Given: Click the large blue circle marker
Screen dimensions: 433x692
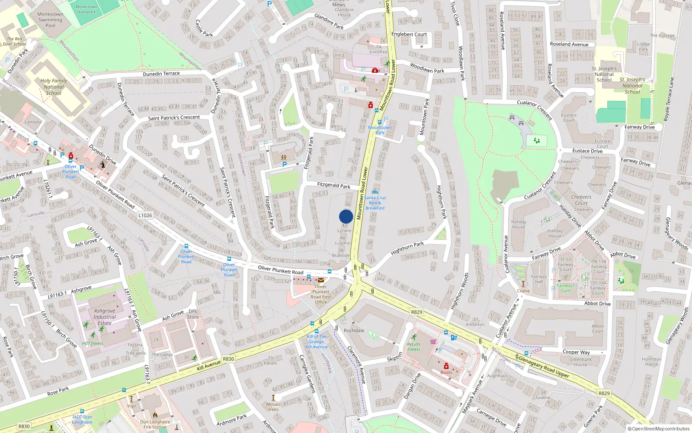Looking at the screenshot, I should pos(346,216).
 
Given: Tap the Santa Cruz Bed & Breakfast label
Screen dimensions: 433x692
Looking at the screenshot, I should pos(375,203).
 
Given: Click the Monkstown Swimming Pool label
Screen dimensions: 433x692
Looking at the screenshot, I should pos(50,20).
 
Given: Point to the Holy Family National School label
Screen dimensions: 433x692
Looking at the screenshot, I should pos(54,87).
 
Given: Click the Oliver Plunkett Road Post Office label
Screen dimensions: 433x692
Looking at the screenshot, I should pos(321,294).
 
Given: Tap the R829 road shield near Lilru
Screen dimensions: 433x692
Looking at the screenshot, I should pos(416,312).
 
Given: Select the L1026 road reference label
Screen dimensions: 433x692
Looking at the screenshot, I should pos(145,215).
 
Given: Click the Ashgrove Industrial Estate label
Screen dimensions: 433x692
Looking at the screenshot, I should pos(105,317).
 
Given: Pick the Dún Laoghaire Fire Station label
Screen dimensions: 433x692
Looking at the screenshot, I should pos(155,424).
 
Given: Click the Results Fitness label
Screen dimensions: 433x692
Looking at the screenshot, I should pos(413,347).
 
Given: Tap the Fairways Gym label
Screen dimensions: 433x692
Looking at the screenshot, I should pos(565,288).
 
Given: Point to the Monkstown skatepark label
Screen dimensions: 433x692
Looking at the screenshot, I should pos(86,9).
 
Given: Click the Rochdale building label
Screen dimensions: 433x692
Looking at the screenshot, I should pos(354,330).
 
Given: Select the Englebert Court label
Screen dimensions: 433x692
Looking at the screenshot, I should pos(409,34).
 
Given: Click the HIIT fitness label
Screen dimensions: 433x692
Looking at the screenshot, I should pos(93,343).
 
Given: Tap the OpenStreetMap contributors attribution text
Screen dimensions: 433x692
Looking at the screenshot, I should pos(658,429).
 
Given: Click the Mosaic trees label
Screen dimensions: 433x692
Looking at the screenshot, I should pos(273,407).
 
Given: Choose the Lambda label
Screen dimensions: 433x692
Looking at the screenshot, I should pos(33,122).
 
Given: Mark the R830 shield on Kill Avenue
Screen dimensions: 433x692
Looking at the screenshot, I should pos(228,359).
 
